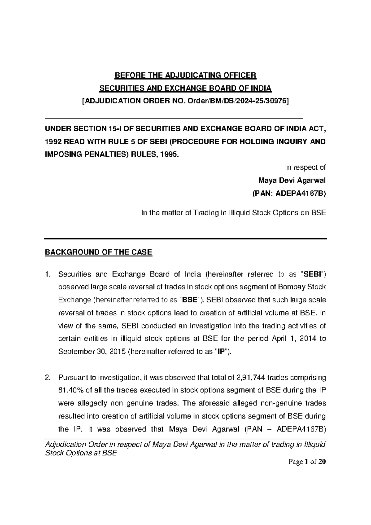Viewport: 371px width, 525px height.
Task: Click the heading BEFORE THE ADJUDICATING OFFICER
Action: [x=185, y=75]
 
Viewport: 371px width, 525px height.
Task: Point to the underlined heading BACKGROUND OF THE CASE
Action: [x=99, y=252]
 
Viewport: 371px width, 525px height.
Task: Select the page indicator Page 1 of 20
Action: [x=307, y=462]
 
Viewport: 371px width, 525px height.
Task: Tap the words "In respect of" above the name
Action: [x=305, y=167]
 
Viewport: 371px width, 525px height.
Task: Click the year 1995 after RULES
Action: [x=171, y=155]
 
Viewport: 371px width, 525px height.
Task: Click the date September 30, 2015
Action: [x=91, y=352]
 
